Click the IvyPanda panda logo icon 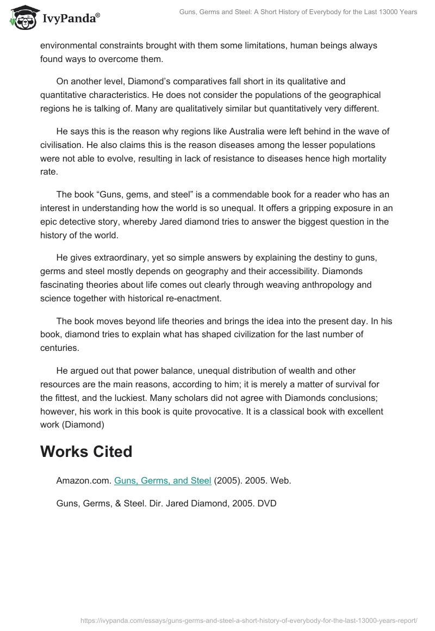point(21,18)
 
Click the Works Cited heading point(86,451)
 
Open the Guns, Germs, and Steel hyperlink point(163,480)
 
